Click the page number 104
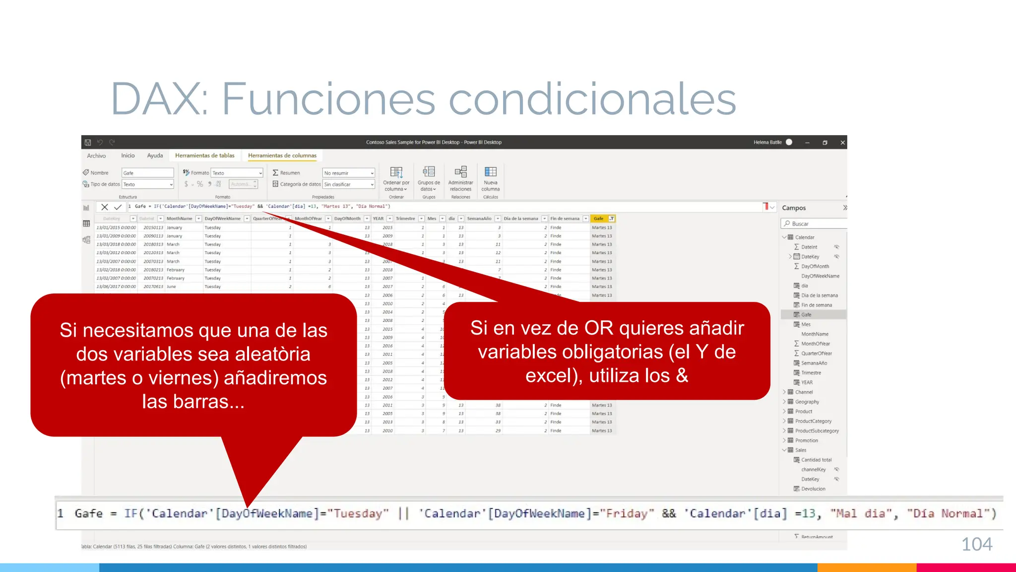pos(976,544)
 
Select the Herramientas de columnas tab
pos(282,155)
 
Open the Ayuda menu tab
pos(155,155)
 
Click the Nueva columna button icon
pos(490,172)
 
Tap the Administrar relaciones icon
pos(460,172)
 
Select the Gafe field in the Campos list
pos(806,315)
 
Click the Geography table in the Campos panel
pos(807,402)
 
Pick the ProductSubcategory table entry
pos(817,431)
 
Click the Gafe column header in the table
pos(599,218)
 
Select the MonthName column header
pos(179,218)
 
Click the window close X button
pos(842,143)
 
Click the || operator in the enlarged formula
pos(404,513)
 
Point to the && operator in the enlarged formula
pos(669,513)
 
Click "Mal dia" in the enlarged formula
pos(863,513)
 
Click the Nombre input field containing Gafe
pos(147,173)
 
